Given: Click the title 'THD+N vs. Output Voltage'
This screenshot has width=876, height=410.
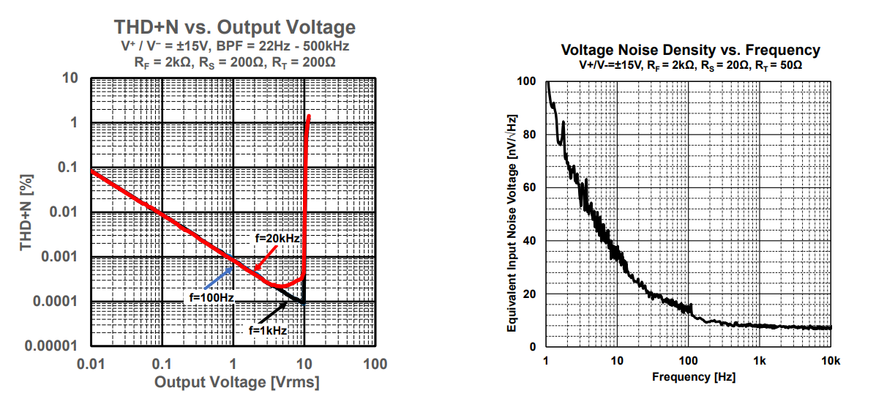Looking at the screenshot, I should [234, 28].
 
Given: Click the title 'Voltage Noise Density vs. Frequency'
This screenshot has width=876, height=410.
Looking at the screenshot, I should [690, 51].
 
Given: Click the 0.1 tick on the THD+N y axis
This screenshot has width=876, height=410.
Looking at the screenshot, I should [68, 168].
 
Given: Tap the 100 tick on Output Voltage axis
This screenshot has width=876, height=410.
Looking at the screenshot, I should [375, 364].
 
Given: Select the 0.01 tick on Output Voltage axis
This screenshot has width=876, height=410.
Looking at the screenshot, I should [91, 364].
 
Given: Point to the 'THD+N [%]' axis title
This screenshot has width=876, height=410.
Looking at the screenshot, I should [27, 212].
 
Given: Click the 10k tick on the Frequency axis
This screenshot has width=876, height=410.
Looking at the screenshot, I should [831, 361].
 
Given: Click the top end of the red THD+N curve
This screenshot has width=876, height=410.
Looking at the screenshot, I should [310, 116].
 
